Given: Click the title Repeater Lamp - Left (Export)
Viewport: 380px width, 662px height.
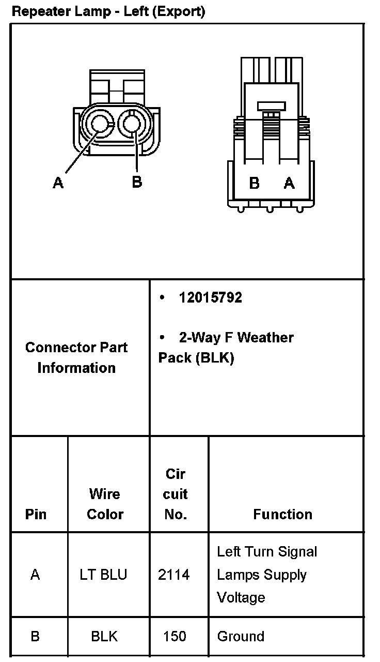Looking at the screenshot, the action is coord(108,11).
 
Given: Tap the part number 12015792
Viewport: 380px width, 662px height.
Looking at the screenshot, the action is coord(210,297).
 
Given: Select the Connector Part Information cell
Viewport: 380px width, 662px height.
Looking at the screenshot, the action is coord(76,357).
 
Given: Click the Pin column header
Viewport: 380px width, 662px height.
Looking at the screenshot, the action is coord(35,514).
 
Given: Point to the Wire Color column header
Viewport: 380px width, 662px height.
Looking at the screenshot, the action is coord(105,504).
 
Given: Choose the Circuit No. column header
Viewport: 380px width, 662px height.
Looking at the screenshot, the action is coord(175,494).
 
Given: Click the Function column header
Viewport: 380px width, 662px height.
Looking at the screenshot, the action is coord(282,514).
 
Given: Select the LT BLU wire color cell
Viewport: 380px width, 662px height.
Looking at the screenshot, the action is coord(103,575).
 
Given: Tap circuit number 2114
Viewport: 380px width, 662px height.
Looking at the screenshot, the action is coord(174,575).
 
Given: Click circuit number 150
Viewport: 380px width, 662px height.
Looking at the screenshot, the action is coord(175,636).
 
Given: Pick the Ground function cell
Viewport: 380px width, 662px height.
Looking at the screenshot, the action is coord(241,636).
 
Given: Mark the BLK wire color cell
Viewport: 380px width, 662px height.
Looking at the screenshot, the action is coord(104,636).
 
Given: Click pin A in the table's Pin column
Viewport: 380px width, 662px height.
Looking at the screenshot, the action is coord(35,575).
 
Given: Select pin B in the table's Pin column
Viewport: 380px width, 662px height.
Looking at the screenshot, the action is coord(35,636).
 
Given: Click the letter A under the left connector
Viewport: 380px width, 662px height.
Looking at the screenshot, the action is coord(58,183).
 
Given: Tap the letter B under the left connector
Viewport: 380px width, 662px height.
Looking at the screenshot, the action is coord(137,182).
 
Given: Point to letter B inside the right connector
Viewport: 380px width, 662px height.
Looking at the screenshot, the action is coord(254,183).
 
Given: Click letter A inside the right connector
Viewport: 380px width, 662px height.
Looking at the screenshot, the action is coord(289,183).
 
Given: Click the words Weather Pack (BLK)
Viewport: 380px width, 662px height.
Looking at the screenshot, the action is coord(227,348).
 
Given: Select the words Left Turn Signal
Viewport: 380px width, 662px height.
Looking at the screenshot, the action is coord(267,552).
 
